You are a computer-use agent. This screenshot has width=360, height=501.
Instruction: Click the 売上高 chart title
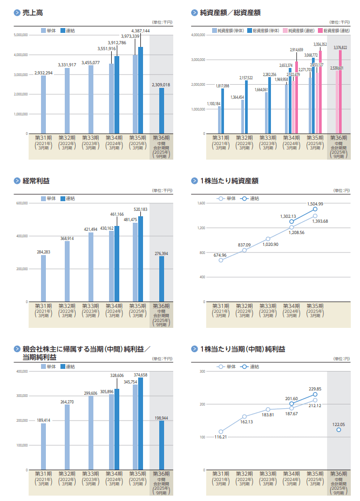pos(30,12)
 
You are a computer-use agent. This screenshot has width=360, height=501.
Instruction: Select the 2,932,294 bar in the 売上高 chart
pos(43,105)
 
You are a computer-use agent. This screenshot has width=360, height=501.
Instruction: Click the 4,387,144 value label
pos(140,31)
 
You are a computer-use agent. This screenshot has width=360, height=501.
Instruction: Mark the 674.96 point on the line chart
pos(221,260)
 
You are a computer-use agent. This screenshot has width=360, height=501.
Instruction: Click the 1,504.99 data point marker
pos(315,209)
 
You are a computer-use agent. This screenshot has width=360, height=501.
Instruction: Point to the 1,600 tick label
pos(201,203)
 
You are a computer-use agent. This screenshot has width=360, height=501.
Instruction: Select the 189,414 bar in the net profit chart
pos(43,447)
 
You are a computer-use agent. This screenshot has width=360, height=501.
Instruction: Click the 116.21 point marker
pos(221,431)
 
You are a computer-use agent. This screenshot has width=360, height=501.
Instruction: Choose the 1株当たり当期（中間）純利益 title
pos(242,349)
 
